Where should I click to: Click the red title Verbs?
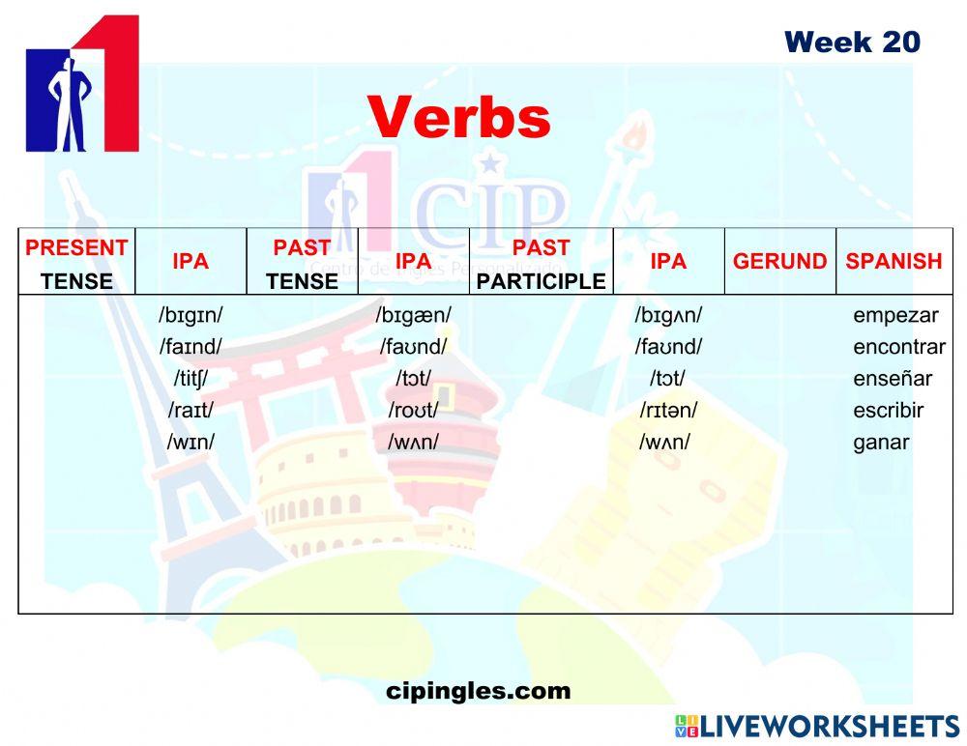click(x=458, y=118)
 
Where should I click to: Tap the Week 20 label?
click(x=852, y=42)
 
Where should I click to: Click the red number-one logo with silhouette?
click(x=82, y=85)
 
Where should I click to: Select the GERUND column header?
click(x=779, y=261)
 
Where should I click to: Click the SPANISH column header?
click(x=893, y=261)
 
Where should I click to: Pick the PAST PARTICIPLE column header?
click(x=541, y=264)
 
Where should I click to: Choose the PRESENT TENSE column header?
click(x=76, y=264)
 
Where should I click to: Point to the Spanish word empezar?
click(x=895, y=315)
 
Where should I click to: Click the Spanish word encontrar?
click(x=898, y=347)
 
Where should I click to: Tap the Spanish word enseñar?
click(x=893, y=379)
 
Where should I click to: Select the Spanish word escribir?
click(x=888, y=411)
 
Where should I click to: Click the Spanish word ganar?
click(x=880, y=443)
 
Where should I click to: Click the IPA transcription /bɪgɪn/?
click(x=191, y=315)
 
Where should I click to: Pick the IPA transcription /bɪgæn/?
click(x=413, y=315)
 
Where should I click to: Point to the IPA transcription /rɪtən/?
click(x=667, y=411)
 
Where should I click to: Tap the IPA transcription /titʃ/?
click(x=190, y=379)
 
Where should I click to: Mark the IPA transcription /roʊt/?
click(x=413, y=411)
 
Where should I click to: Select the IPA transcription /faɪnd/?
click(x=190, y=347)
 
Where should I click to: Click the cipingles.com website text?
click(x=478, y=691)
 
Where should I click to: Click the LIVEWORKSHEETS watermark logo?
click(x=817, y=727)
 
